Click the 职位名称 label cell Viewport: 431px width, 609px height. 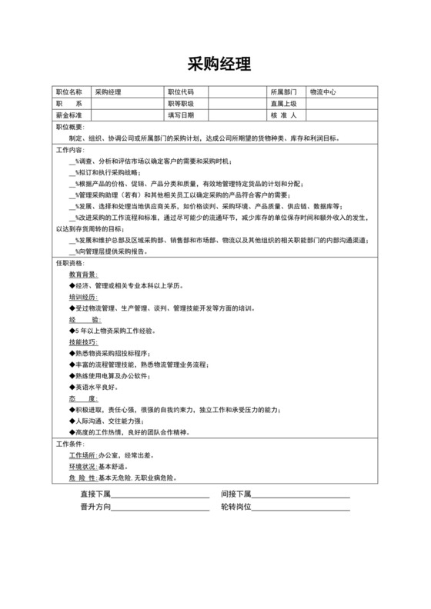coord(68,92)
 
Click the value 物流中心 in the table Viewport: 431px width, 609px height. coord(322,92)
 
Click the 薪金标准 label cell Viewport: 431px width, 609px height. coord(68,115)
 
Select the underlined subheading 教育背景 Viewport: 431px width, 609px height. coord(82,274)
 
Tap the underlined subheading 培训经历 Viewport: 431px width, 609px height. coord(82,296)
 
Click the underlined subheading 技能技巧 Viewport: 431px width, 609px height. coord(82,341)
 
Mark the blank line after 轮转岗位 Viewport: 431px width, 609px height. coord(301,508)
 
